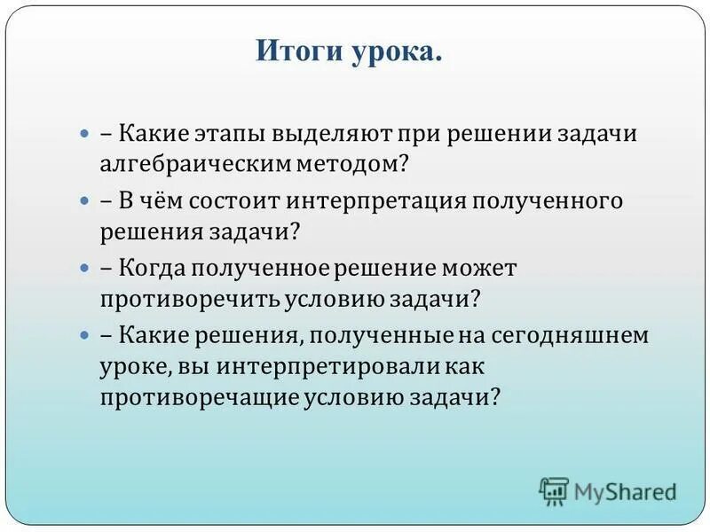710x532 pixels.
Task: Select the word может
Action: click(480, 267)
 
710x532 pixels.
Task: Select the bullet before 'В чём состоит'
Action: click(85, 200)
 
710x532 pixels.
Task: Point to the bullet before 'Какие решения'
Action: click(85, 335)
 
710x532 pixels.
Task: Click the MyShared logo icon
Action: click(555, 489)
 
